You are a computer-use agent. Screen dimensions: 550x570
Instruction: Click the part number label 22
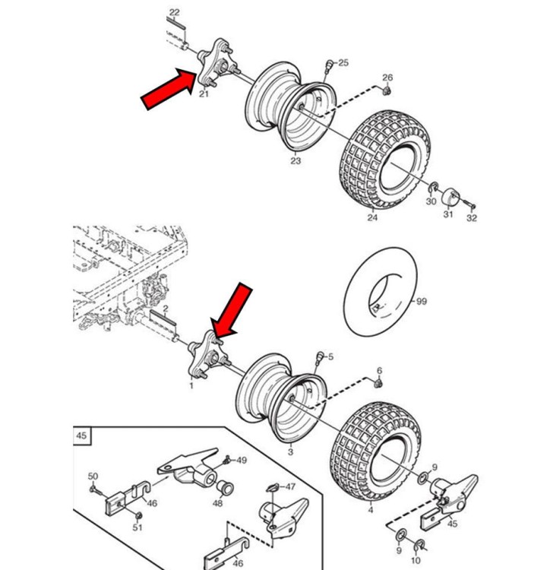coord(175,12)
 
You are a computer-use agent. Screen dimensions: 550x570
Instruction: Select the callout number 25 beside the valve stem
coord(343,62)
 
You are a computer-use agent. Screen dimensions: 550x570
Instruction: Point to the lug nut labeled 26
coord(387,90)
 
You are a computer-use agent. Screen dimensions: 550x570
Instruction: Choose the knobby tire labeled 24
coord(385,160)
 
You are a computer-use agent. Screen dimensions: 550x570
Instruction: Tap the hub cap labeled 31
coord(450,198)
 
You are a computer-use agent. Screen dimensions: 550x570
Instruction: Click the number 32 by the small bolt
coord(472,218)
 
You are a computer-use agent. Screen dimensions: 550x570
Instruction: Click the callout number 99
coord(422,302)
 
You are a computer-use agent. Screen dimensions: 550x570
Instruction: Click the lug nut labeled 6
coord(378,383)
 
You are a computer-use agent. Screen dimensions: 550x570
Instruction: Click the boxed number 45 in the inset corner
coord(81,435)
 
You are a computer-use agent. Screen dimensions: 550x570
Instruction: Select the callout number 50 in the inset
coord(93,477)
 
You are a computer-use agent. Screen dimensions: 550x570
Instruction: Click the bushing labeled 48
coord(225,489)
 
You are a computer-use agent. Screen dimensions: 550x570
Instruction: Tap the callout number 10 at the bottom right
coord(416,560)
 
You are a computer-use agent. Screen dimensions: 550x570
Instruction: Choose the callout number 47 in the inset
coord(290,486)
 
